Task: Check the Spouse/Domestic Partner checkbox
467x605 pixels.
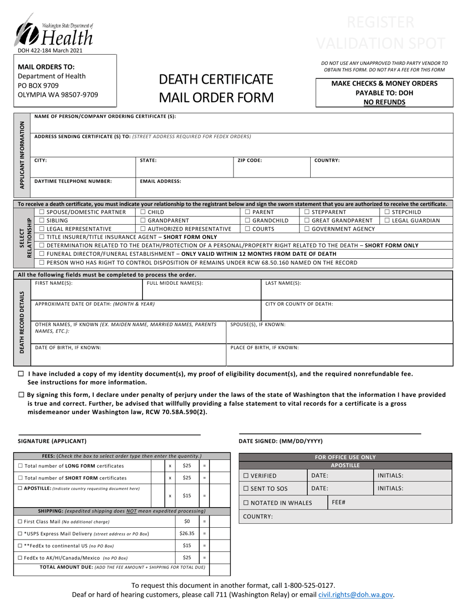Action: (42, 212)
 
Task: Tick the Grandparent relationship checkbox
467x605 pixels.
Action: (143, 221)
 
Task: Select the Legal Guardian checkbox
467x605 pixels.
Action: (387, 221)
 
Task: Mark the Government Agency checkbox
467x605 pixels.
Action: (307, 229)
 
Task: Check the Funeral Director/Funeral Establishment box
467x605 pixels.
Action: (42, 254)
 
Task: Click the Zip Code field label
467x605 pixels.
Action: (250, 160)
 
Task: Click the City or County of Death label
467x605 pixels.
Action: (299, 304)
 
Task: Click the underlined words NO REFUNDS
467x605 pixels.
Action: (384, 102)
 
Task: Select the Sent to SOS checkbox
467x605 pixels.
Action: (246, 488)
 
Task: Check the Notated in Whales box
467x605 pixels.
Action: (246, 503)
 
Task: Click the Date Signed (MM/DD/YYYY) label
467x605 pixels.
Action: (281, 441)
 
